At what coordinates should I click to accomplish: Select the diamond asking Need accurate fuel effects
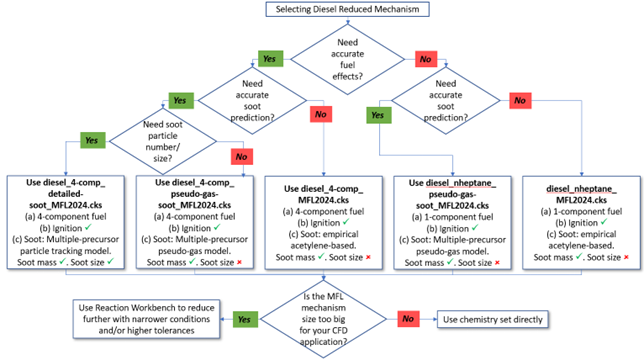[346, 59]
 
